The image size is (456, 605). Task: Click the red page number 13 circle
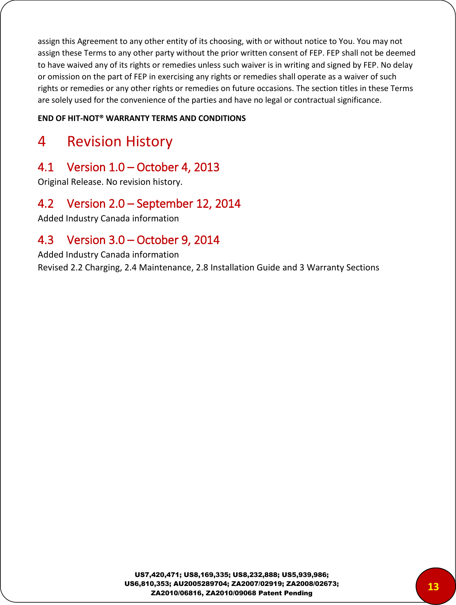click(x=433, y=586)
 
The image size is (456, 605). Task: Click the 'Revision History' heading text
click(x=119, y=142)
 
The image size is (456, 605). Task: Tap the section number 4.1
click(x=46, y=167)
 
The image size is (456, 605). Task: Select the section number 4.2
click(x=46, y=204)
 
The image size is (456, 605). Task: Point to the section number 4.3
click(x=46, y=240)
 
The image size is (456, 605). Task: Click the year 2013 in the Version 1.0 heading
click(x=207, y=167)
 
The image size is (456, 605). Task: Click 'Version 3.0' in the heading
click(x=96, y=240)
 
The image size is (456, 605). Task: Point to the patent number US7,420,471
click(x=157, y=575)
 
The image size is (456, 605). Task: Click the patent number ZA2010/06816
click(x=176, y=593)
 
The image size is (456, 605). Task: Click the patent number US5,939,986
click(x=305, y=575)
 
